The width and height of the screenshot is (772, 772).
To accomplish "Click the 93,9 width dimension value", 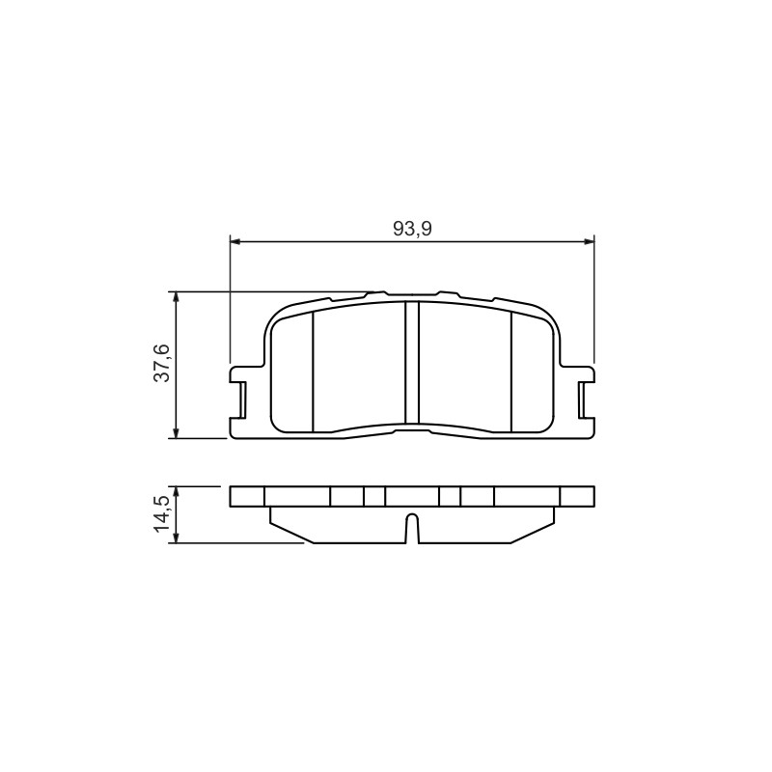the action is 412,229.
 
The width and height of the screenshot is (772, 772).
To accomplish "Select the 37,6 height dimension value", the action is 161,364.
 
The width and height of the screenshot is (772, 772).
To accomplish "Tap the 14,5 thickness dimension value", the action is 161,514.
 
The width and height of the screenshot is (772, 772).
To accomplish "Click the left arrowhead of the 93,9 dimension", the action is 235,241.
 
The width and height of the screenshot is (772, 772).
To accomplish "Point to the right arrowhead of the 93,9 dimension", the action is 590,241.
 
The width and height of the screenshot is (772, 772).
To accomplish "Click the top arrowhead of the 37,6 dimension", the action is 176,297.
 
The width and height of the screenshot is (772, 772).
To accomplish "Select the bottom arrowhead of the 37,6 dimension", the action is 176,432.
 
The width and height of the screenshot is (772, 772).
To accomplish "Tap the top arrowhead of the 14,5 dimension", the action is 176,492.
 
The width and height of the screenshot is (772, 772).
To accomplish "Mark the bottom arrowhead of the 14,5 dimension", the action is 176,538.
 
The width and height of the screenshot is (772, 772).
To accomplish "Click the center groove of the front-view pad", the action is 412,363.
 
